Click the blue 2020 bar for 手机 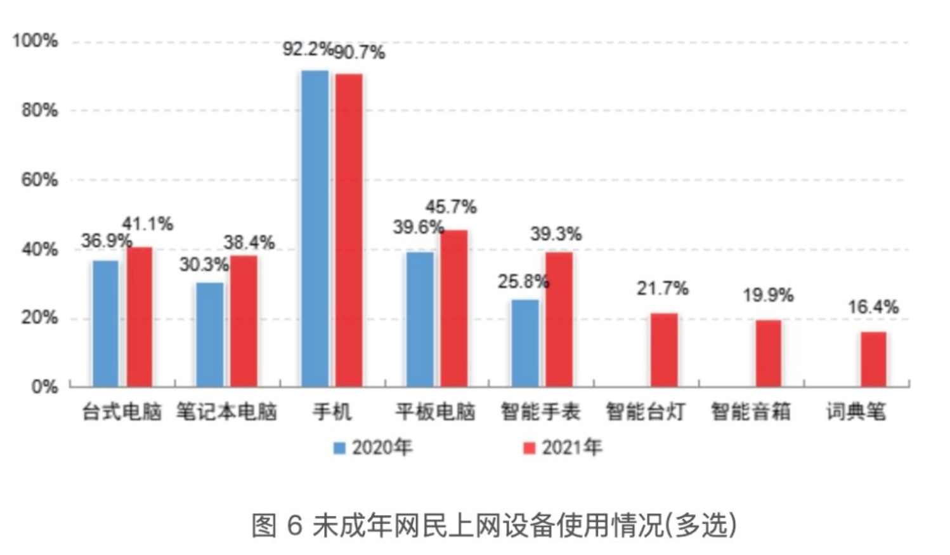pos(315,229)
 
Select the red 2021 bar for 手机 pos(349,230)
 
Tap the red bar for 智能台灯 pos(664,350)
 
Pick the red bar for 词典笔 pos(873,359)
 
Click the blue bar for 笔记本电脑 pos(210,335)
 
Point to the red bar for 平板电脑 pos(454,309)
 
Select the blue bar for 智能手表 pos(525,343)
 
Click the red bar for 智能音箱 pos(768,353)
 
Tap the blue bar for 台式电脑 pos(105,323)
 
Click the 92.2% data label pos(307,49)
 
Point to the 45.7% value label pos(450,206)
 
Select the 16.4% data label pos(873,307)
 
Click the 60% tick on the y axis pos(39,180)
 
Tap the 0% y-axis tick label pos(44,387)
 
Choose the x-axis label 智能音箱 pos(751,412)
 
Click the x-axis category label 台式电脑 pos(121,412)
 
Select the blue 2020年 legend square pos(340,448)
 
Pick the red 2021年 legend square pos(529,448)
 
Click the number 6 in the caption pos(294,526)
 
